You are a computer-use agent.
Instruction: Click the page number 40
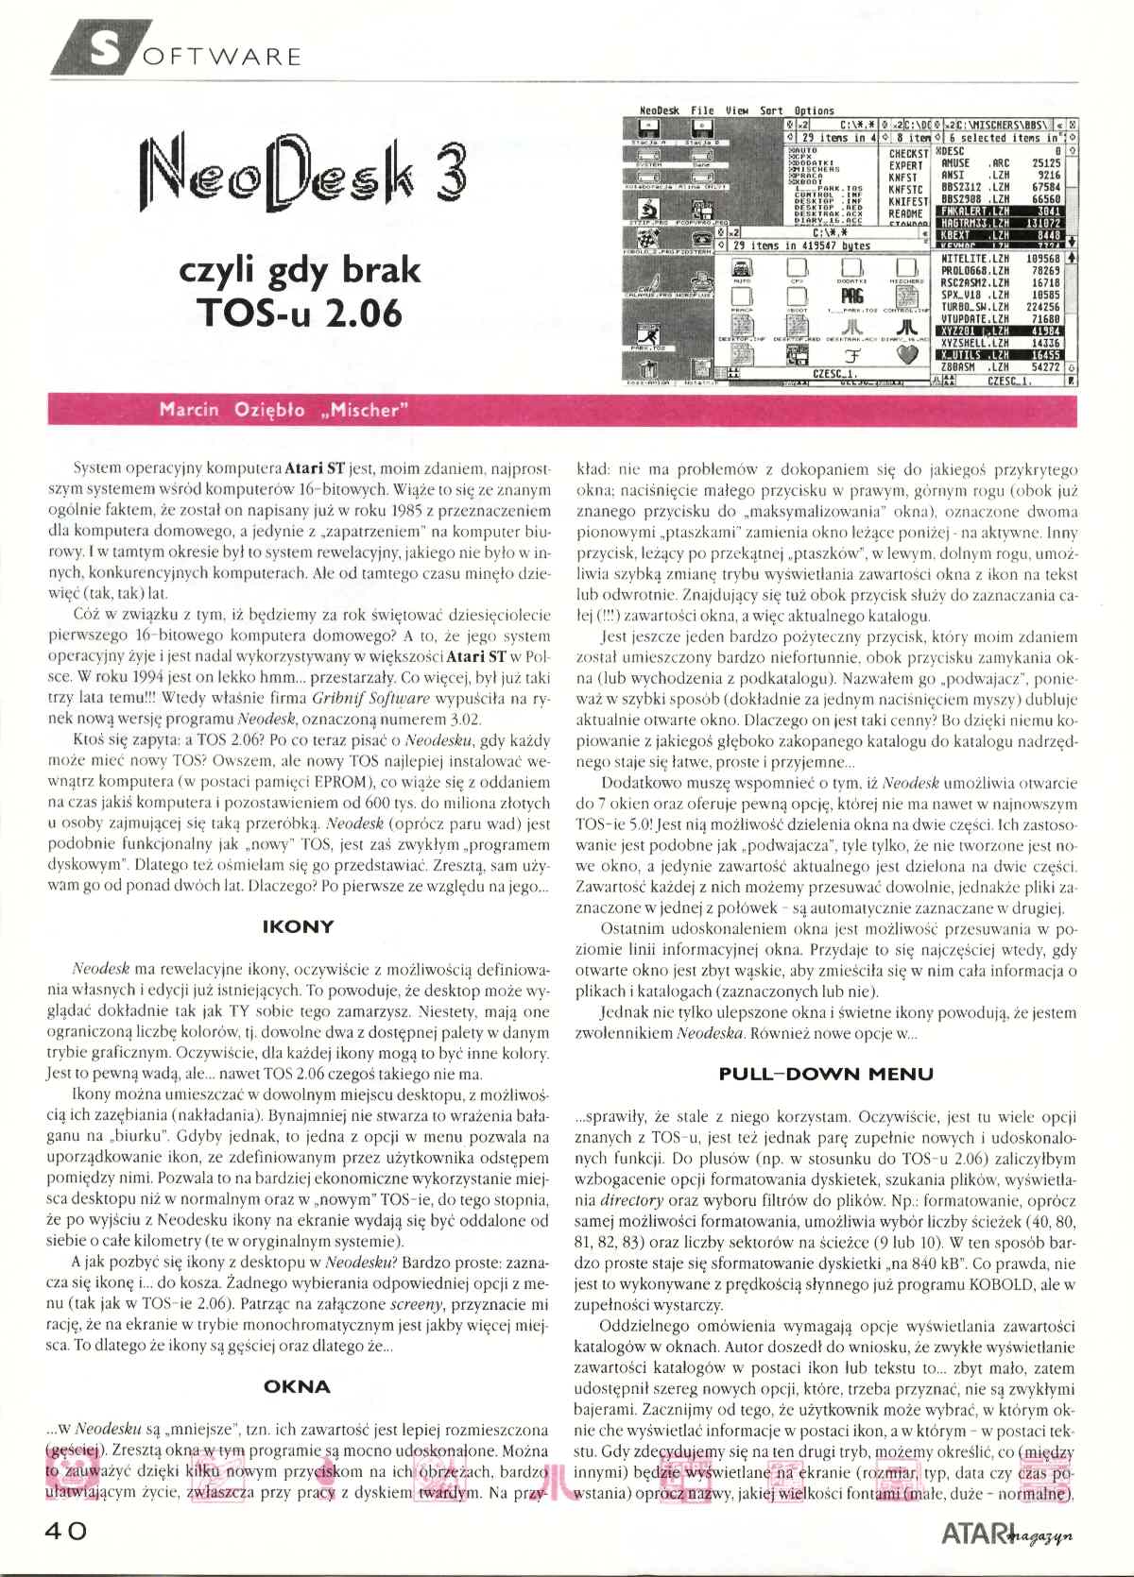[x=65, y=1531]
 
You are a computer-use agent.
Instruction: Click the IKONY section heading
[x=298, y=926]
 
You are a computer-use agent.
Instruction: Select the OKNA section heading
[x=297, y=1386]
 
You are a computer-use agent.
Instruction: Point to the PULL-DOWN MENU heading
[x=825, y=1074]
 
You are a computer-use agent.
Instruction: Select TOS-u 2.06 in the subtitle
[x=299, y=313]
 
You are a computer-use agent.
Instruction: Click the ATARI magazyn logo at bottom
[x=1005, y=1533]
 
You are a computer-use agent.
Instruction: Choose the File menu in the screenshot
[x=702, y=110]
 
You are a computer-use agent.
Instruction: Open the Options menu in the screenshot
[x=813, y=110]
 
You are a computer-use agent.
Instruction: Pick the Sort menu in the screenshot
[x=771, y=110]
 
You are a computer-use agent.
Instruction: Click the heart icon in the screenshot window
[x=906, y=355]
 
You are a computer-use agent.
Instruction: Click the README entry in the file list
[x=905, y=213]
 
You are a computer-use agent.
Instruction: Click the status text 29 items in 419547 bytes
[x=801, y=246]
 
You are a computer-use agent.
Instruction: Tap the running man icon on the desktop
[x=647, y=334]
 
